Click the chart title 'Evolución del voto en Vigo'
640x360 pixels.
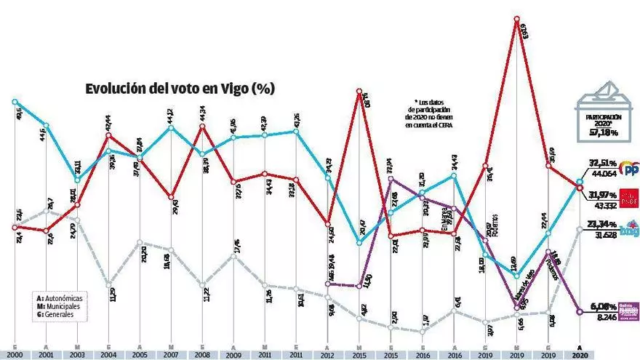click(x=179, y=89)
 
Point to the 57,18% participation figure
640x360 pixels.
click(x=604, y=133)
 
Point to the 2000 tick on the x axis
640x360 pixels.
click(x=14, y=353)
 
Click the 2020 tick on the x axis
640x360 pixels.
click(x=579, y=353)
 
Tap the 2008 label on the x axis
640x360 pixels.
click(x=202, y=353)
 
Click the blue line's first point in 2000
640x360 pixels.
click(x=14, y=102)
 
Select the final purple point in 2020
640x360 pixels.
click(x=579, y=312)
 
